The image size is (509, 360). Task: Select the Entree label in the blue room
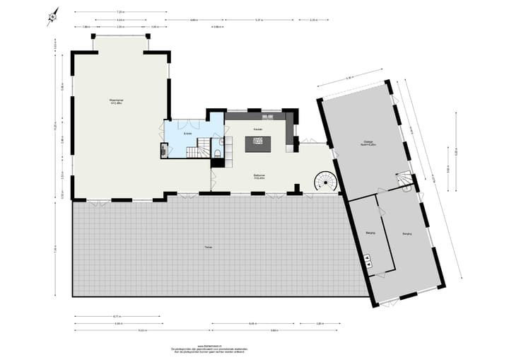point(187,133)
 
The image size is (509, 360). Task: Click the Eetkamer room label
point(259,176)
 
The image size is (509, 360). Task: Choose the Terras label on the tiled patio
point(208,247)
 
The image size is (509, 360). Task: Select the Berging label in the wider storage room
point(406,233)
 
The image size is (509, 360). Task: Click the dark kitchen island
point(257,144)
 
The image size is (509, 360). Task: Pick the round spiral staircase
point(326,181)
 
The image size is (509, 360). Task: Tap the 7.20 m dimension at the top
point(120,12)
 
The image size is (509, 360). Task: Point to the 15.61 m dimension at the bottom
point(142,330)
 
